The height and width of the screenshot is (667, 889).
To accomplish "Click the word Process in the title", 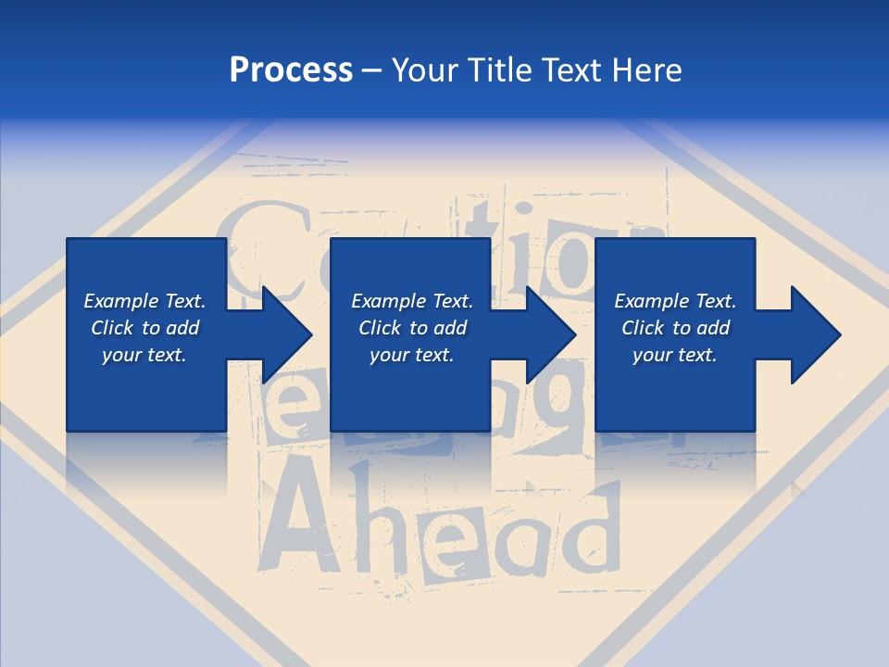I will tap(291, 70).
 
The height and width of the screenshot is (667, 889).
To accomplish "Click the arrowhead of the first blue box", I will tap(287, 334).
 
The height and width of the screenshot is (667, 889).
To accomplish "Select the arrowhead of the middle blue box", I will tap(551, 334).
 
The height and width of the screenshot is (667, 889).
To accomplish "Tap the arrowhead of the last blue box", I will tap(815, 334).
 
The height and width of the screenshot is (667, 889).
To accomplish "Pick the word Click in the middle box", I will tap(379, 328).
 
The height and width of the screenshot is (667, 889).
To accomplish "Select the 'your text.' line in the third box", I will tap(674, 355).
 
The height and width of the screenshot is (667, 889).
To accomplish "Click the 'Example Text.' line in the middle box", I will tap(411, 301).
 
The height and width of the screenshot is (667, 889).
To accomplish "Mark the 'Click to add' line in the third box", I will tap(675, 328).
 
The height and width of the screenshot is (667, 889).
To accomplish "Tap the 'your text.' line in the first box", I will tap(144, 355).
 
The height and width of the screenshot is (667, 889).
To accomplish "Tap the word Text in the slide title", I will tap(576, 70).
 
